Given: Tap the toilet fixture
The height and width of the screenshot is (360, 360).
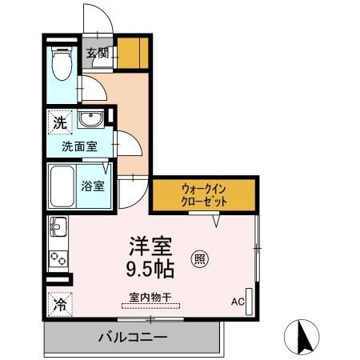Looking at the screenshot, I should (60, 65).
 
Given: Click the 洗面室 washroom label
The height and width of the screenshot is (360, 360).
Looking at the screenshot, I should (82, 146).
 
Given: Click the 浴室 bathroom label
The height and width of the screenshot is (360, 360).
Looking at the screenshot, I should (92, 186).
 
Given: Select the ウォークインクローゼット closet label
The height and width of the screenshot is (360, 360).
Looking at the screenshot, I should (204, 195).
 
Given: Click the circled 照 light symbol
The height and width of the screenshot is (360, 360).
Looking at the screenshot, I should (201, 258).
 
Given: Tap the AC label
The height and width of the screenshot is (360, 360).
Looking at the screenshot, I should (237, 301).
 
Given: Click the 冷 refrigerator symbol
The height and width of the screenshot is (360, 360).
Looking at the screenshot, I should (59, 304).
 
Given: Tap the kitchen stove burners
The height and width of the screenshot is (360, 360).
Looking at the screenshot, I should (59, 258).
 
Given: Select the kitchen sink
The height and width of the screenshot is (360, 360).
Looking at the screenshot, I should (59, 230).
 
